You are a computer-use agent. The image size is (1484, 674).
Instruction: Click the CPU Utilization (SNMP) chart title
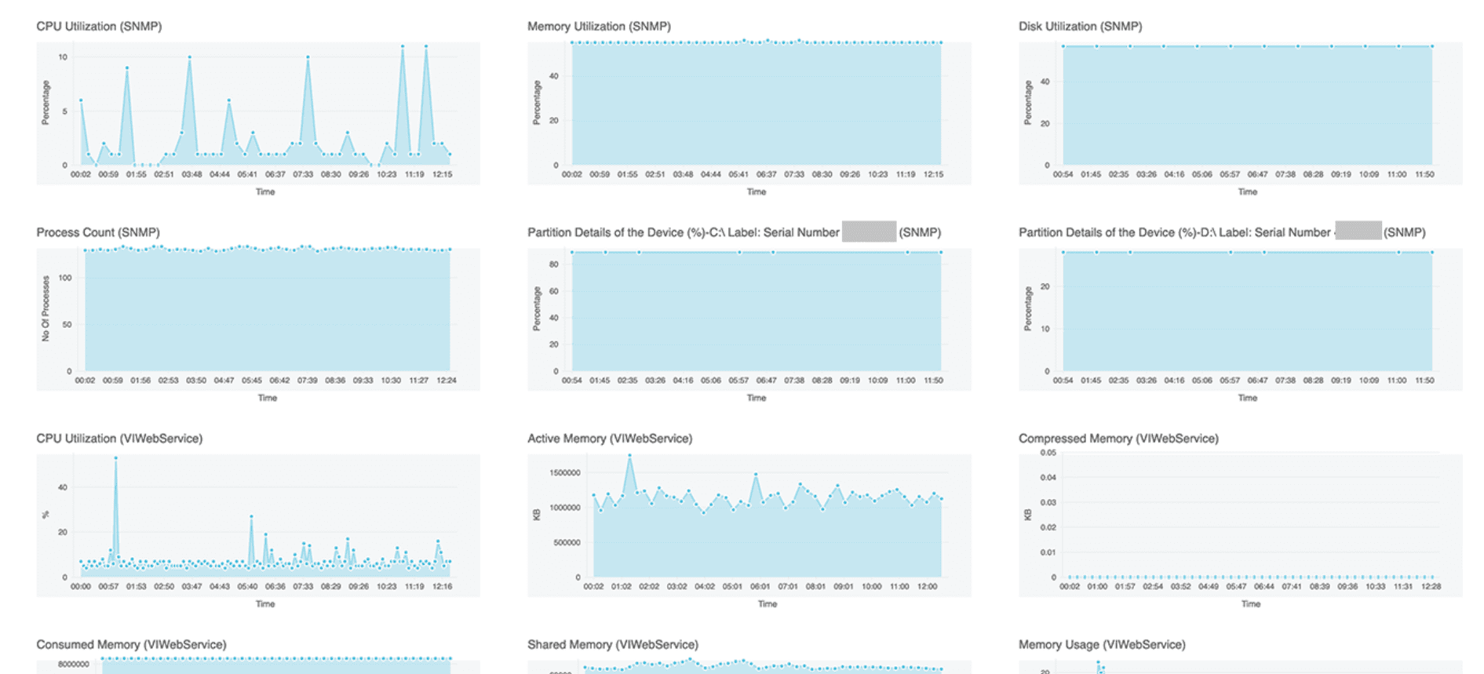tap(99, 26)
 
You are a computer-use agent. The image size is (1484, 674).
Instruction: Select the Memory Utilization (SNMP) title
tap(599, 26)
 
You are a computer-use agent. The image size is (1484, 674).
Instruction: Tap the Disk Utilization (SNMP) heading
tap(1080, 26)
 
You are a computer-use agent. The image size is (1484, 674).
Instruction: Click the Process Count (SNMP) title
tap(98, 232)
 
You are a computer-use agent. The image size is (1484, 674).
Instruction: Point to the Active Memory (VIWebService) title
tap(610, 439)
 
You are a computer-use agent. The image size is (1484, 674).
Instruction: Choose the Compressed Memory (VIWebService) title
tap(1118, 439)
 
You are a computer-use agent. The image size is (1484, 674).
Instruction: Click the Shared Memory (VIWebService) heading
tap(612, 644)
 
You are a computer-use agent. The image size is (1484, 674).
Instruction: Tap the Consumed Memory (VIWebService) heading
tap(131, 644)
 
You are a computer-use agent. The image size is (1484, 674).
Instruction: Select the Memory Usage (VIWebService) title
tap(1102, 644)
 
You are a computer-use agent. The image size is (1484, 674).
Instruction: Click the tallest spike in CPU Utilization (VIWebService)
tap(116, 457)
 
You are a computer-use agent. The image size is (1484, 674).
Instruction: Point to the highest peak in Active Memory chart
tap(629, 456)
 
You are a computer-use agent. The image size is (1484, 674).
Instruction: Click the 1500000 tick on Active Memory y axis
tap(565, 473)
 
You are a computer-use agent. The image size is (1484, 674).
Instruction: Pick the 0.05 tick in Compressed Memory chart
tap(1048, 453)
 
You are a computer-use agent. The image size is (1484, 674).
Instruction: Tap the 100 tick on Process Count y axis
tap(64, 278)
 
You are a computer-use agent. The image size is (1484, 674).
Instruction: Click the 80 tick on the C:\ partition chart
tap(554, 264)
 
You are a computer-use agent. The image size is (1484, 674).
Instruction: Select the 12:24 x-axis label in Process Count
tap(446, 381)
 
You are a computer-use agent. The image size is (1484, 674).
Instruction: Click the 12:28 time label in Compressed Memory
tap(1431, 587)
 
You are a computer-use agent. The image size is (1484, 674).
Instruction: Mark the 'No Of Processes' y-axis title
tap(46, 308)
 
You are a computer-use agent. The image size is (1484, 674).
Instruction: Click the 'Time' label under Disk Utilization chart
tap(1247, 192)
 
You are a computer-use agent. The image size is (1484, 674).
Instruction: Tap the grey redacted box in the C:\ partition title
tap(869, 231)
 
